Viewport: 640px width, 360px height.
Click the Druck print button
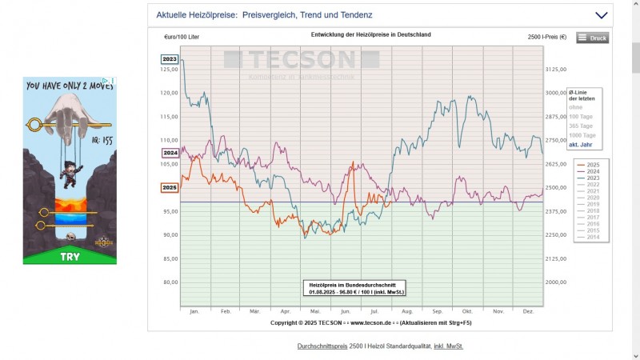point(592,38)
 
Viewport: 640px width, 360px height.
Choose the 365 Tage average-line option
point(581,126)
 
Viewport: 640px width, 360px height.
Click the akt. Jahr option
point(580,145)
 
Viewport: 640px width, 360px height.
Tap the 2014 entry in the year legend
point(593,237)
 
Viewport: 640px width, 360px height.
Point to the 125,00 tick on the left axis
point(169,70)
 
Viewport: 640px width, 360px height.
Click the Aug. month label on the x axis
point(407,310)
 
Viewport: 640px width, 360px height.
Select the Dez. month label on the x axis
point(528,310)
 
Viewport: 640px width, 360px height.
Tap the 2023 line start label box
point(170,59)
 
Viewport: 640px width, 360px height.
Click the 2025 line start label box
point(170,188)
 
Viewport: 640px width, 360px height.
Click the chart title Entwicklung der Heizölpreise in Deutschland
point(370,35)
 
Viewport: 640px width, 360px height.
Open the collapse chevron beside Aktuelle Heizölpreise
point(602,14)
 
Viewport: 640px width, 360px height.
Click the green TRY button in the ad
point(70,257)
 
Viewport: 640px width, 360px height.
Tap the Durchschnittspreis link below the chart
point(322,346)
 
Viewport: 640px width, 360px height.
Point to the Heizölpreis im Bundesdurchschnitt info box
point(354,288)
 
